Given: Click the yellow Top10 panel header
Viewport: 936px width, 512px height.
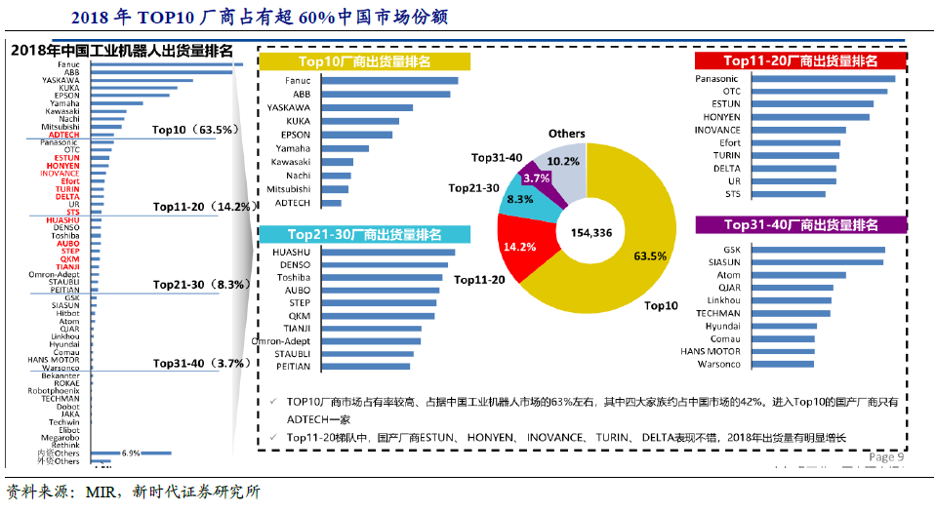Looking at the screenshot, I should coord(364,61).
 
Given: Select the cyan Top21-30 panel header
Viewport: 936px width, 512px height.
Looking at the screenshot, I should coord(364,234).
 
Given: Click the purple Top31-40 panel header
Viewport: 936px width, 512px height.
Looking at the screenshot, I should coord(801,225).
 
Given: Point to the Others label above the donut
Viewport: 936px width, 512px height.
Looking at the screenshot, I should coord(567,134).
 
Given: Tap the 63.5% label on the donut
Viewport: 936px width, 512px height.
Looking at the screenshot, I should coord(650,256).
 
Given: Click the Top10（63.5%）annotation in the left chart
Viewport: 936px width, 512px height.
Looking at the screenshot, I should coord(195,130).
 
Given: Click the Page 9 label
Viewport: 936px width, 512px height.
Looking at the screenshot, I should coord(886,456).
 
